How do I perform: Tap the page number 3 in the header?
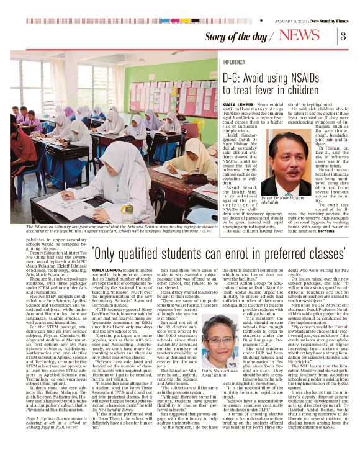(343, 35)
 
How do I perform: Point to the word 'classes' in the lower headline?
(323, 255)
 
